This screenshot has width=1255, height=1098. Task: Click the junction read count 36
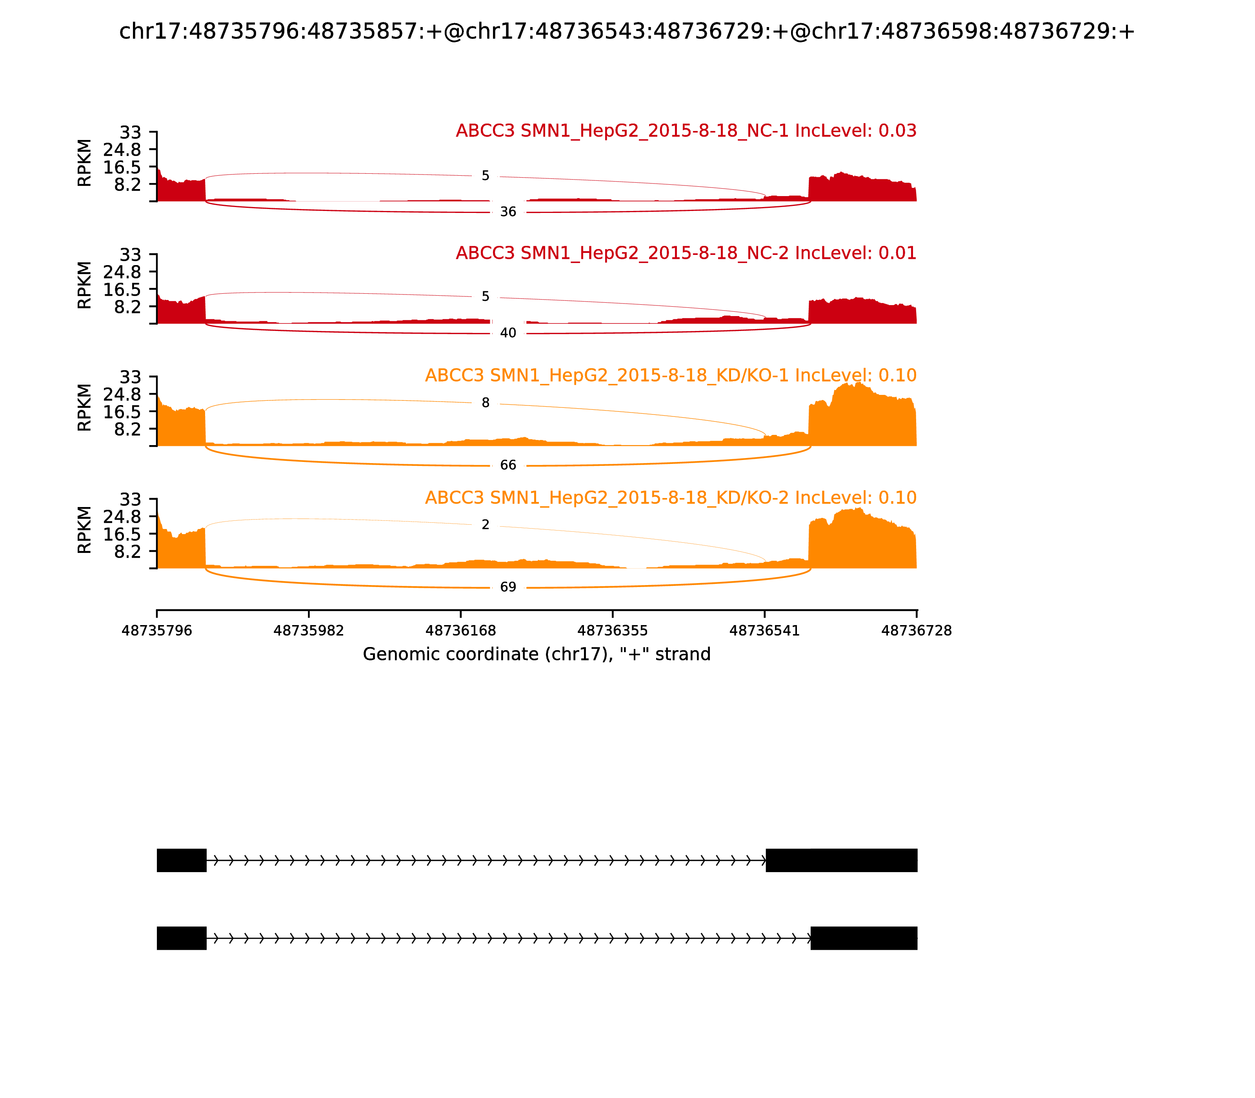click(x=508, y=212)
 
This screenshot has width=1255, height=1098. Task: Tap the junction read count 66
click(x=508, y=465)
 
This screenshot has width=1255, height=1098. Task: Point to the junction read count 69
click(x=508, y=587)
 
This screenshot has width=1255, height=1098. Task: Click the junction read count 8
click(x=486, y=403)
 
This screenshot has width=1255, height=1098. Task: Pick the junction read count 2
click(x=486, y=525)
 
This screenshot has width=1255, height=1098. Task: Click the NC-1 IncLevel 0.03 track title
click(x=686, y=131)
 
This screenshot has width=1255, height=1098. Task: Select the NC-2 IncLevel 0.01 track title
click(x=686, y=253)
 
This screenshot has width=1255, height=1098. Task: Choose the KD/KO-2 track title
click(x=670, y=498)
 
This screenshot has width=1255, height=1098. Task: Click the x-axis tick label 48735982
click(x=309, y=631)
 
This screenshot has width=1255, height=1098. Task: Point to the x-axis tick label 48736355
click(x=612, y=631)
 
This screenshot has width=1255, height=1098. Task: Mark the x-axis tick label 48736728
click(x=916, y=631)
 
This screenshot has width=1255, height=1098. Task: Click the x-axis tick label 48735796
click(x=157, y=631)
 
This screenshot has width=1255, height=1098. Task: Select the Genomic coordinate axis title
click(x=537, y=654)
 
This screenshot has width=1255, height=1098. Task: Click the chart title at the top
click(x=627, y=31)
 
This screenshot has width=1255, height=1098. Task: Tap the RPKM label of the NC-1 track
click(x=85, y=163)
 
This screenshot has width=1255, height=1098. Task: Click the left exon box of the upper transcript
click(x=181, y=860)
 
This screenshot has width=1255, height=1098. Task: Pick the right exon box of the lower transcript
click(x=864, y=938)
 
